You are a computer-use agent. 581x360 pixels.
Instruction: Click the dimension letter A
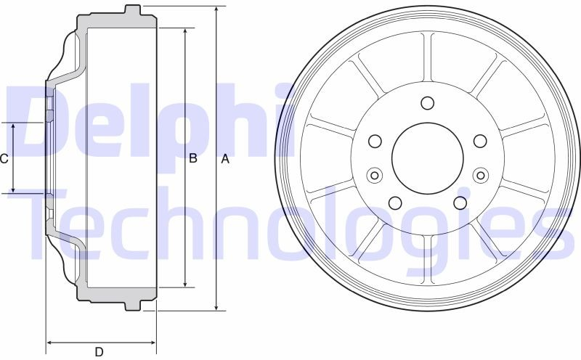[225, 159]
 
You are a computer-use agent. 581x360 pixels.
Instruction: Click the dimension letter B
[193, 158]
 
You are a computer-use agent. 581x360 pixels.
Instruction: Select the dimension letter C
[4, 159]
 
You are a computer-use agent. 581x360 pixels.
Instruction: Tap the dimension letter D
[99, 352]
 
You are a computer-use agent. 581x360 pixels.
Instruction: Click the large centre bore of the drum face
[428, 158]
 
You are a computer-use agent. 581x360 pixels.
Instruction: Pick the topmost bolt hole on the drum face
[428, 103]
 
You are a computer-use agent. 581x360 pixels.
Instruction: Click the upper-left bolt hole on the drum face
[375, 141]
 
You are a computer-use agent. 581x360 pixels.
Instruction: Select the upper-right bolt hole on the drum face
[480, 141]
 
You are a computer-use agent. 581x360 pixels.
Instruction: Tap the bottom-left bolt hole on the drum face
[395, 202]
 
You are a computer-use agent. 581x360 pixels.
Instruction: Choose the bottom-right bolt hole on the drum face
[460, 202]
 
